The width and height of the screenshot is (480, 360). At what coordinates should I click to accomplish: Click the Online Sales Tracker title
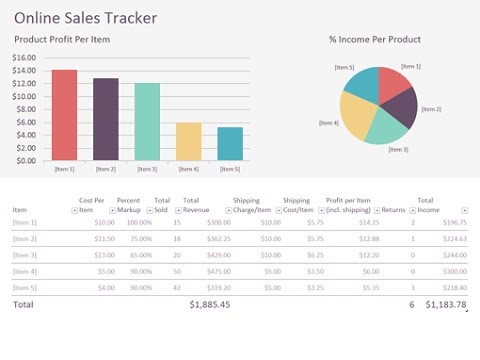[x=85, y=18]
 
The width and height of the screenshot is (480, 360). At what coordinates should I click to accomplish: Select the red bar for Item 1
[x=64, y=115]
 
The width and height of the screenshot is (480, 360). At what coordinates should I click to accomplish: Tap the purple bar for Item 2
[x=106, y=119]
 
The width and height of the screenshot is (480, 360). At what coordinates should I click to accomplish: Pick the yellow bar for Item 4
[x=188, y=141]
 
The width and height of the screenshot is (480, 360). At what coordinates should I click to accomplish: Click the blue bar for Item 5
[x=230, y=143]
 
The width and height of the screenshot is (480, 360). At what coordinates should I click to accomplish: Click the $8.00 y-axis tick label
[x=26, y=109]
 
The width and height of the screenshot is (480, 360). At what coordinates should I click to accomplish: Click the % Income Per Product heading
[x=374, y=40]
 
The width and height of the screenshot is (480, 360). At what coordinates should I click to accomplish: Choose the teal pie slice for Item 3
[x=388, y=128]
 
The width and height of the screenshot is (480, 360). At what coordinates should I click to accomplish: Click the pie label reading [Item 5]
[x=345, y=68]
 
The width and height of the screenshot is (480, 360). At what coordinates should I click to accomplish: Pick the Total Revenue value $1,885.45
[x=210, y=304]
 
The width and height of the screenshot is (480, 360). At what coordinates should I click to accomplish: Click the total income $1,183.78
[x=445, y=304]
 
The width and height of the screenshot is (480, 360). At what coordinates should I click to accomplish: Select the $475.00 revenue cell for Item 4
[x=218, y=271]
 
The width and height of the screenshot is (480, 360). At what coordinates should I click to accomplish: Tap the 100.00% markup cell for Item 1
[x=138, y=222]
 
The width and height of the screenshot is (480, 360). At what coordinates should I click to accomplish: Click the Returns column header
[x=395, y=210]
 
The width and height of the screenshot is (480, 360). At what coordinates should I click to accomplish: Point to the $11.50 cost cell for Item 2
[x=104, y=239]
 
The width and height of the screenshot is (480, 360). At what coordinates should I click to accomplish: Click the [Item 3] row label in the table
[x=24, y=255]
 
